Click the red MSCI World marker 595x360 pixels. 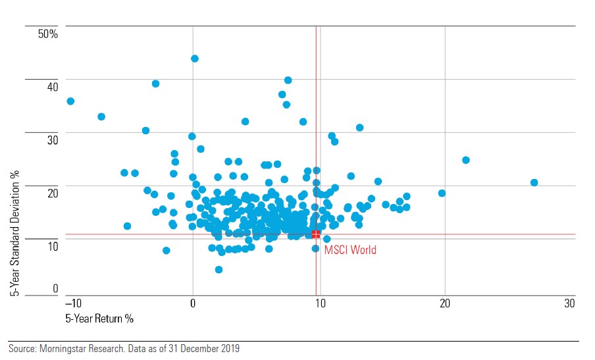(x=316, y=234)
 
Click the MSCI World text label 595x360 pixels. (x=350, y=250)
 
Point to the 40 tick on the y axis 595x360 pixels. (x=52, y=86)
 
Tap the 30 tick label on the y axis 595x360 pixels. (x=52, y=140)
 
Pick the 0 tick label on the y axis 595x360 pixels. (x=55, y=288)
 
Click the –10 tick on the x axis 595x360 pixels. (x=71, y=303)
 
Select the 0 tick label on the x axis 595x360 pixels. (x=193, y=303)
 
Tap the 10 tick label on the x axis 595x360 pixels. (x=319, y=303)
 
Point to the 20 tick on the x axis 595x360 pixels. (x=445, y=303)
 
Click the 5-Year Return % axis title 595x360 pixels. (x=99, y=319)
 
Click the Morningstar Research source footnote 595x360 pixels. (x=124, y=349)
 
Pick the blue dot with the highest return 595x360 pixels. (x=534, y=182)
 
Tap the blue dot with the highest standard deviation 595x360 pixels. (x=195, y=59)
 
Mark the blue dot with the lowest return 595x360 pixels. (x=70, y=101)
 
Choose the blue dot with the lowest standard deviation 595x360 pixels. (x=219, y=269)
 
